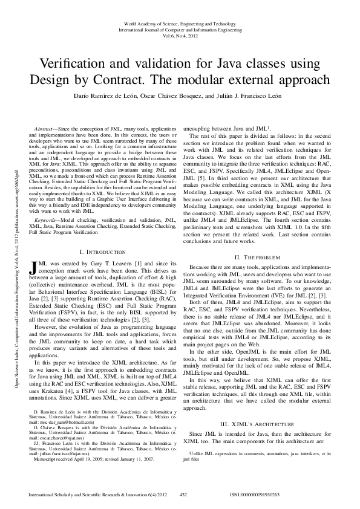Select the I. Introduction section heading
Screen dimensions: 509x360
(102, 251)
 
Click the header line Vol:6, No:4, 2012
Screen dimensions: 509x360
(180, 36)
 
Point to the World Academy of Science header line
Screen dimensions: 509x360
(180, 22)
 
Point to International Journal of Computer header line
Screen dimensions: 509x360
(180, 29)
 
